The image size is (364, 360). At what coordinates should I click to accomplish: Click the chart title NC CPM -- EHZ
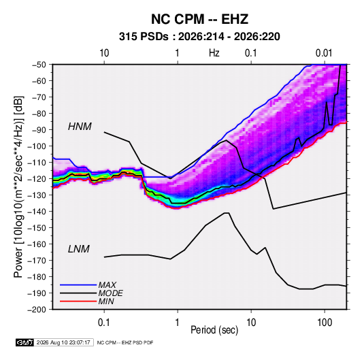pos(199,19)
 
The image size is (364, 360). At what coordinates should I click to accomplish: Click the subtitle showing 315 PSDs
pos(199,37)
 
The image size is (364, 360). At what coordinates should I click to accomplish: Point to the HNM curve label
pos(80,127)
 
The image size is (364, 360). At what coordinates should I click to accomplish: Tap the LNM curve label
pos(79,249)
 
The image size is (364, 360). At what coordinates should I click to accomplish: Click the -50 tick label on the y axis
pos(39,65)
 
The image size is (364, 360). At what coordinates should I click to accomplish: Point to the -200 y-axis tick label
pos(37,310)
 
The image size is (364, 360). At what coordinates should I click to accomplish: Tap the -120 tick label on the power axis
pos(37,179)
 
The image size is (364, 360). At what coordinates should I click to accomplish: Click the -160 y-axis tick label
pos(37,244)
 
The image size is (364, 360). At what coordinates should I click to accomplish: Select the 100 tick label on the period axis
pos(325,323)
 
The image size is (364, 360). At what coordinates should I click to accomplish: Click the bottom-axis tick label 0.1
pos(104,323)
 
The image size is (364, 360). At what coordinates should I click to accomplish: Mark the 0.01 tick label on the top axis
pos(324,53)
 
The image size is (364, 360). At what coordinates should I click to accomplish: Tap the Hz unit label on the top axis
pos(214,53)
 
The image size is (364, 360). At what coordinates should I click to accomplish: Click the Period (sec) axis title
pos(214,330)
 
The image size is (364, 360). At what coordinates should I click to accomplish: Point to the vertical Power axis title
pos(18,187)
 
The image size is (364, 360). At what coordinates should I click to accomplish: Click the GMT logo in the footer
pos(25,342)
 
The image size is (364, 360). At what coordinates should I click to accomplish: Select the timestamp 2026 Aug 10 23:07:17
pos(63,342)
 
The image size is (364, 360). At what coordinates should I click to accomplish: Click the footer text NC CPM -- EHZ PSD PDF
pos(125,342)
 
